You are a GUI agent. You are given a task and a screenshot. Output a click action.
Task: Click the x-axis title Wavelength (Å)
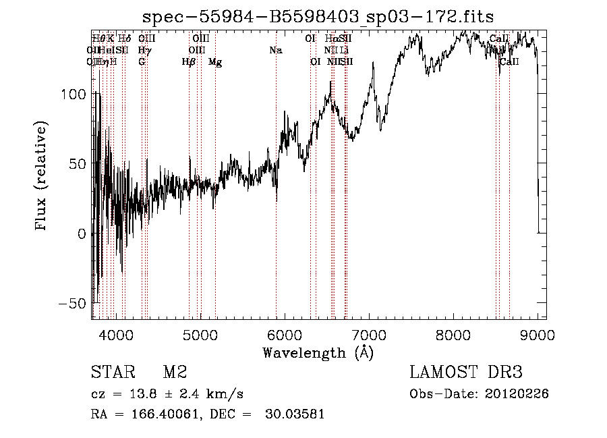318,352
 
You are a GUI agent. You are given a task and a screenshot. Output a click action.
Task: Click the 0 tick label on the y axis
82,234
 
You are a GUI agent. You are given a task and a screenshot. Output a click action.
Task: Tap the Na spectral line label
275,51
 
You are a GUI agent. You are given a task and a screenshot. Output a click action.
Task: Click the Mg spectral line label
215,62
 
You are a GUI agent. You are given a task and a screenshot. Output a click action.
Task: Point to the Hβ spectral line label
189,62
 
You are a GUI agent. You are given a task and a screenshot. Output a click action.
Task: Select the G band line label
142,62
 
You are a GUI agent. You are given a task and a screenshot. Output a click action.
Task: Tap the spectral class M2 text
175,373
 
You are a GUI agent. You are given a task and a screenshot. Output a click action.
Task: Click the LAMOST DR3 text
466,373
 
